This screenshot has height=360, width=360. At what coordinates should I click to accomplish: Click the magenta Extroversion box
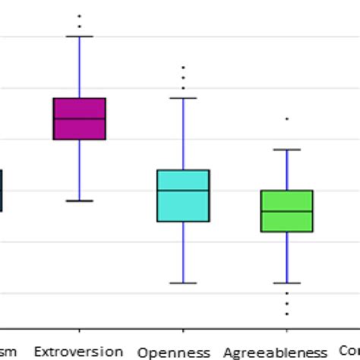(79, 108)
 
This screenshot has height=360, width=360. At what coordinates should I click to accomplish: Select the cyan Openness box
(183, 205)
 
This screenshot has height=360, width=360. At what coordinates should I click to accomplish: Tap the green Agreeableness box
(287, 220)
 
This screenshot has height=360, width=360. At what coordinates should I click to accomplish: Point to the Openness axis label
(175, 352)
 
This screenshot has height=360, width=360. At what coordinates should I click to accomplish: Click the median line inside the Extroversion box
(79, 118)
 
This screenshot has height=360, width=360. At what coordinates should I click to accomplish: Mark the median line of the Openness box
(183, 190)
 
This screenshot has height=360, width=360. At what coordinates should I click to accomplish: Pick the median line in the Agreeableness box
(287, 210)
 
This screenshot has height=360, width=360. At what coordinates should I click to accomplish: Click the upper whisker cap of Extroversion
(79, 36)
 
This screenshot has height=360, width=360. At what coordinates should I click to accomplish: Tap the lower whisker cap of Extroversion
(79, 201)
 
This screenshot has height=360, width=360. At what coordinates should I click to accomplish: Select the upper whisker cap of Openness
(183, 98)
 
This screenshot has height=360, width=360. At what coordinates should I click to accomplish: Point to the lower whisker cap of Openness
(183, 283)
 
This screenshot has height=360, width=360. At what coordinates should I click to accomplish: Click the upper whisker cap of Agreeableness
(287, 150)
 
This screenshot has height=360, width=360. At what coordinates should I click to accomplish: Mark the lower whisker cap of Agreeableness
(287, 283)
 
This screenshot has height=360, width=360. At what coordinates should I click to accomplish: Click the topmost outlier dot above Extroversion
(79, 16)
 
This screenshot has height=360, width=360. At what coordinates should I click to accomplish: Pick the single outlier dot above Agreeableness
(287, 119)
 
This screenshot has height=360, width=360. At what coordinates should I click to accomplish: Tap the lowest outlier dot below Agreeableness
(287, 314)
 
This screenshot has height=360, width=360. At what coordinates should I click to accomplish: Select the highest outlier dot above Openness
(183, 68)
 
